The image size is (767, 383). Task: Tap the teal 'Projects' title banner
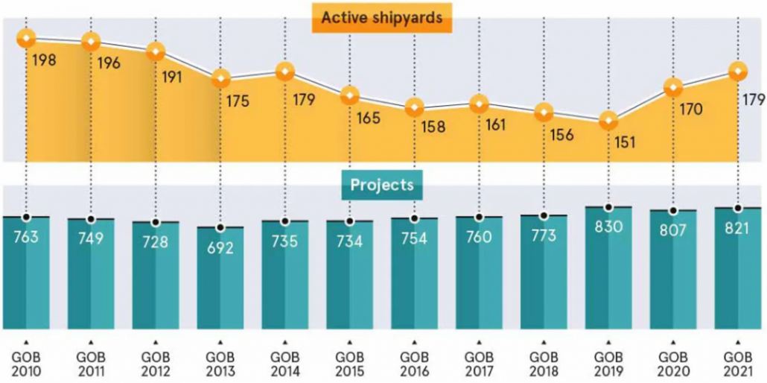pos(382,185)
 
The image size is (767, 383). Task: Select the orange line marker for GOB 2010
pos(26,38)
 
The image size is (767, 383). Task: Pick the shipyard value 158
pos(432,126)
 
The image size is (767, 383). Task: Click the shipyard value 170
pos(691,108)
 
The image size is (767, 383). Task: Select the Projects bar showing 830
pos(609,268)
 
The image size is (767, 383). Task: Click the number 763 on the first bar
pos(26,238)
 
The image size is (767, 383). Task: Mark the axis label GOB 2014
pos(285,364)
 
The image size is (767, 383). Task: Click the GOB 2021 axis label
pos(738,364)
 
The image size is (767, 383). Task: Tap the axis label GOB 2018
pos(544,364)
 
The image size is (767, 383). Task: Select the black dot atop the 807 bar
pos(674,211)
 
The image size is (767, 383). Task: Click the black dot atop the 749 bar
pos(91,219)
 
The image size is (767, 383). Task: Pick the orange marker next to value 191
pos(156,52)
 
